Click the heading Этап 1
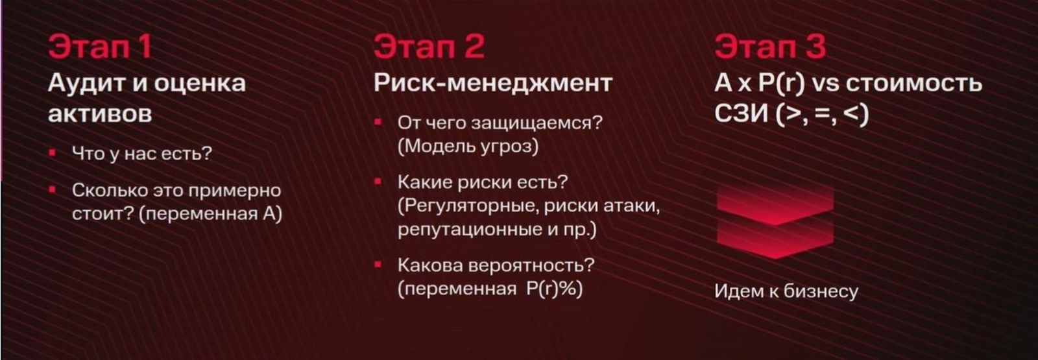(x=100, y=47)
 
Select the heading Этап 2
(x=429, y=47)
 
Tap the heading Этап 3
(x=770, y=47)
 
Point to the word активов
(x=100, y=114)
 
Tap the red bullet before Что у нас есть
(x=53, y=154)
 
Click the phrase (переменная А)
(x=211, y=213)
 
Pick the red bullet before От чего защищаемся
(x=378, y=122)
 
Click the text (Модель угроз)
(x=468, y=146)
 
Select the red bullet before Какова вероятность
(x=378, y=265)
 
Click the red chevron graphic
(x=775, y=221)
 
